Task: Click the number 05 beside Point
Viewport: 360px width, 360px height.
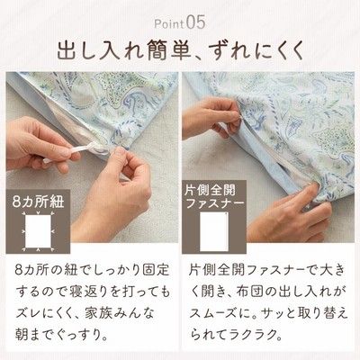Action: click(195, 22)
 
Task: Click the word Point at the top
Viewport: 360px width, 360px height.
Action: click(169, 24)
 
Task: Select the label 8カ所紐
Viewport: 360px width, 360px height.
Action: click(38, 202)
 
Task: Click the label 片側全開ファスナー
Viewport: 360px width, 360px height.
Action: click(214, 196)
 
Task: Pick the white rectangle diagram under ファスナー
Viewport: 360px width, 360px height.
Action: click(214, 231)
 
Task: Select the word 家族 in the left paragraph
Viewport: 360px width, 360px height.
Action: click(98, 313)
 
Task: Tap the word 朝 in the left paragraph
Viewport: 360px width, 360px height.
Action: click(22, 336)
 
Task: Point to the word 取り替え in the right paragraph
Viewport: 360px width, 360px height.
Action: click(319, 313)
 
